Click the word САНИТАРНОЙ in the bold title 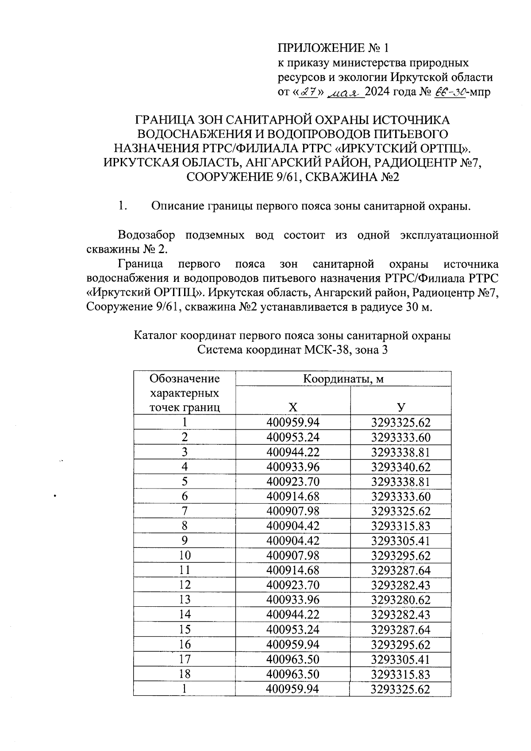266,119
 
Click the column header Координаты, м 343,379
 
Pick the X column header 292,408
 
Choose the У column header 400,408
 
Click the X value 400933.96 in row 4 292,467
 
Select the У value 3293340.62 400,467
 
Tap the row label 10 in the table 185,555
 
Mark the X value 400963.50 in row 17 292,659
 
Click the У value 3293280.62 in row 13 400,600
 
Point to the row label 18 185,674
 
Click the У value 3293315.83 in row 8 400,526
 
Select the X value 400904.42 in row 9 292,541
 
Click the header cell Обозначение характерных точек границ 185,393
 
